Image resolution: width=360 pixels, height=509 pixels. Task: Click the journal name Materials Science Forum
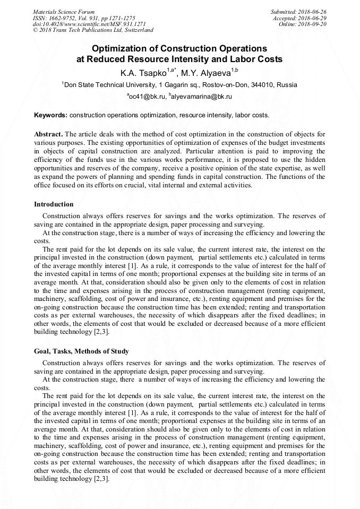64,12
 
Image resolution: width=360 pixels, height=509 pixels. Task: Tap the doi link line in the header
89,24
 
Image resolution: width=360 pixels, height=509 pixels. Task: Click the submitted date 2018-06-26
312,12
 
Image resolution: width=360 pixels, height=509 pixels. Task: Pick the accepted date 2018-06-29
312,18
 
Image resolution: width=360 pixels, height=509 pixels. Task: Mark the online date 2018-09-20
312,24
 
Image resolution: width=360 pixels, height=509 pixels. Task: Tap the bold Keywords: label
50,115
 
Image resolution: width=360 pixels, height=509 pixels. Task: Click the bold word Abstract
48,134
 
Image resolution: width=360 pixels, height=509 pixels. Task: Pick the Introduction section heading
54,204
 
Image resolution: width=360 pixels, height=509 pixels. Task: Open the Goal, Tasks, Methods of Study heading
81,351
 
